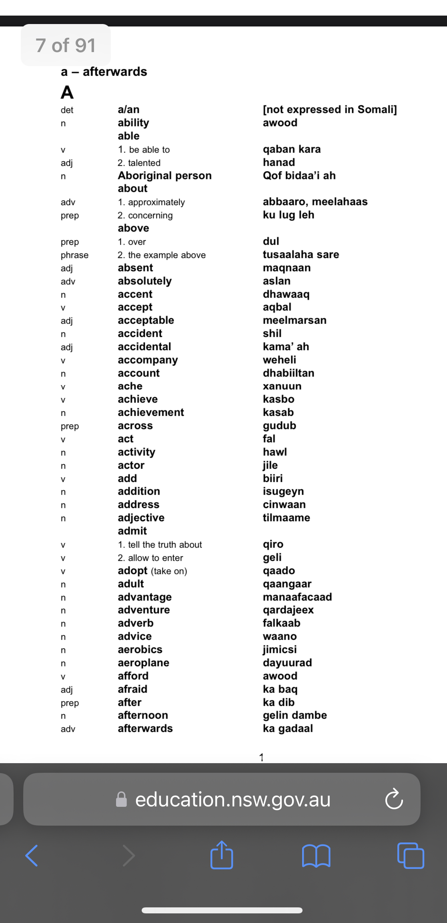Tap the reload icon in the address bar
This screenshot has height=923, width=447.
point(394,799)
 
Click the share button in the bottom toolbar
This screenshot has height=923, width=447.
point(222,855)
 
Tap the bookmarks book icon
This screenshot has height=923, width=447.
point(316,856)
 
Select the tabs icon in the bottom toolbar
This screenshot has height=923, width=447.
point(411,856)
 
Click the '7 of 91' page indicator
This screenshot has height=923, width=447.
point(66,45)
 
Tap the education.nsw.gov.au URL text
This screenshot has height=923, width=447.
point(233,799)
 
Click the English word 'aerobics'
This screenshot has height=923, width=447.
point(140,649)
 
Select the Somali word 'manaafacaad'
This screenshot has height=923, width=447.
point(297,597)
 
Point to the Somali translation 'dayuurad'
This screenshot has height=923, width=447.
point(287,663)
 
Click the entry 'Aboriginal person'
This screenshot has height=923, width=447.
point(164,175)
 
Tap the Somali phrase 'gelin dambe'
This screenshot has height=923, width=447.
point(295,715)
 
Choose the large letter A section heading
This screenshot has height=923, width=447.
point(67,93)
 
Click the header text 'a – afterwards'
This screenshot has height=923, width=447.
point(104,72)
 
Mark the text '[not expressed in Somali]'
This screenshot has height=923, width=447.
point(329,109)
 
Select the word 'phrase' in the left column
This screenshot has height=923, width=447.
point(74,255)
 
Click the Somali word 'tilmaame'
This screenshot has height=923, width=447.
point(286,518)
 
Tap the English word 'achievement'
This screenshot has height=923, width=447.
point(151,412)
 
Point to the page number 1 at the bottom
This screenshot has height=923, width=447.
point(261,757)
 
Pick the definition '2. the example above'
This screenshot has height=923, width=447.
point(161,255)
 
